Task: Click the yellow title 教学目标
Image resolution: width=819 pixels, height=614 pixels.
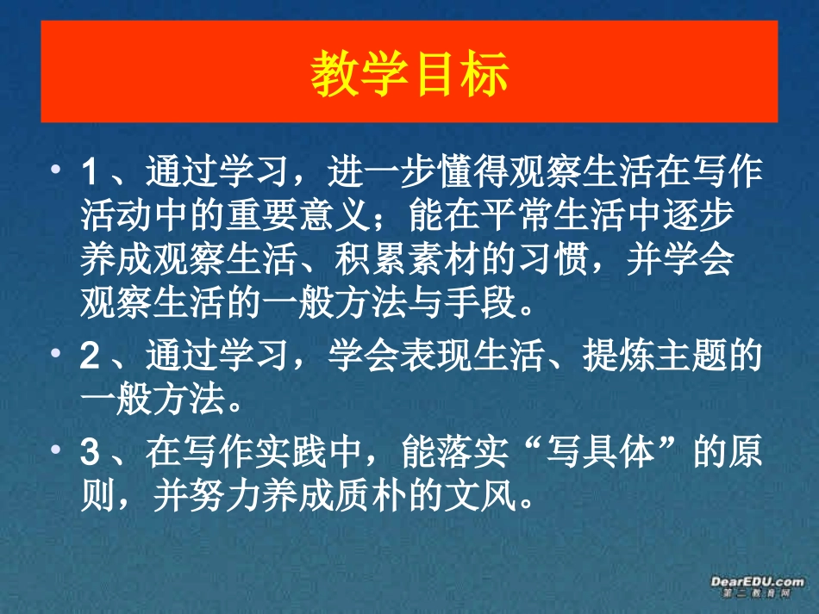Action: point(409,72)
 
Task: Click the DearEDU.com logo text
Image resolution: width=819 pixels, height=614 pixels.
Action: point(757,582)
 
